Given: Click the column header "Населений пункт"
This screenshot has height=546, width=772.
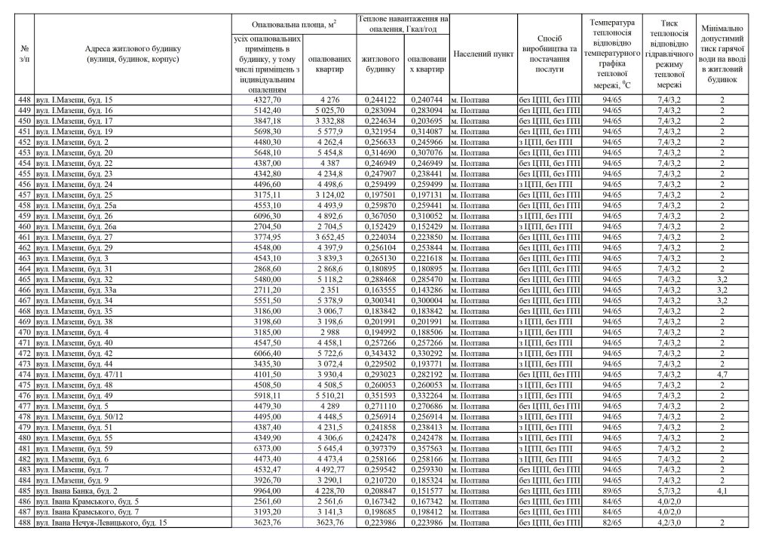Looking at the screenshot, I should tap(483, 54).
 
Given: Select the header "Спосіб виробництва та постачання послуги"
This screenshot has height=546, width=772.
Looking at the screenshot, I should tap(550, 54).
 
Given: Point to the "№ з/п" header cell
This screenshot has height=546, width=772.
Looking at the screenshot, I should tap(26, 54).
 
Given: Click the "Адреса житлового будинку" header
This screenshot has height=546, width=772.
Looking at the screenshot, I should tap(132, 54).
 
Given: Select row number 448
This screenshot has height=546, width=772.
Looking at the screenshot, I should tap(26, 100).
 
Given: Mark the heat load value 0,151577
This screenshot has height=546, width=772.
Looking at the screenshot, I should tap(426, 490).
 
